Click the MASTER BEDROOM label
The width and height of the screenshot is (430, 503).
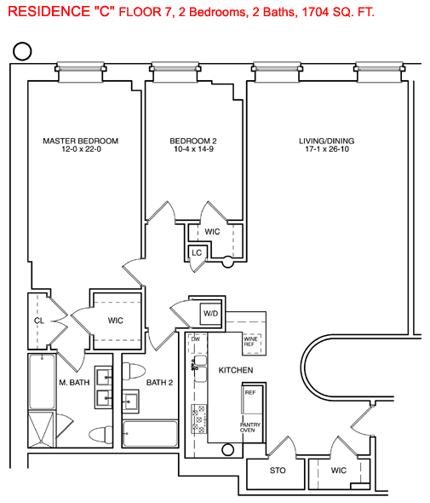click(x=80, y=141)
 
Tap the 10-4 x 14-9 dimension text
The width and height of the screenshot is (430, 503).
click(x=193, y=149)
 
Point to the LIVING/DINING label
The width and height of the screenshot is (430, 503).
click(x=326, y=141)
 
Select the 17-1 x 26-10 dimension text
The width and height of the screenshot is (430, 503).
click(x=327, y=149)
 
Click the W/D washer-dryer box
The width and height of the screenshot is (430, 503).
click(x=211, y=314)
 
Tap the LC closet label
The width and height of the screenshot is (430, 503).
click(x=197, y=253)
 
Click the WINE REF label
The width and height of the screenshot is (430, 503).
click(x=250, y=341)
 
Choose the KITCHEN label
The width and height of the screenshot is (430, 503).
click(x=236, y=370)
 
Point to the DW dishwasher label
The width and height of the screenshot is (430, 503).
click(x=196, y=338)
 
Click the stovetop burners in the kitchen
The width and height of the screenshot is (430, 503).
click(x=198, y=419)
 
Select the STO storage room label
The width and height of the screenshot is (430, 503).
click(x=278, y=471)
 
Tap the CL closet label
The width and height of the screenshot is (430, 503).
click(x=39, y=321)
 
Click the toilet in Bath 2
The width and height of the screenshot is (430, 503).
click(x=134, y=371)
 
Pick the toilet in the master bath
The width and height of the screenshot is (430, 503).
click(x=100, y=434)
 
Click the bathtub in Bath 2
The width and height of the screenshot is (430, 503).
click(x=150, y=433)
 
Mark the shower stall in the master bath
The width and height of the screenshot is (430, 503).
click(x=42, y=429)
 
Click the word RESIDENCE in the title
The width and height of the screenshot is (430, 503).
click(x=49, y=12)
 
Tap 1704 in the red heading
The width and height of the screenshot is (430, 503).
click(x=315, y=12)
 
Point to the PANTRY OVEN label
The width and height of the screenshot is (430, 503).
click(x=250, y=427)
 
